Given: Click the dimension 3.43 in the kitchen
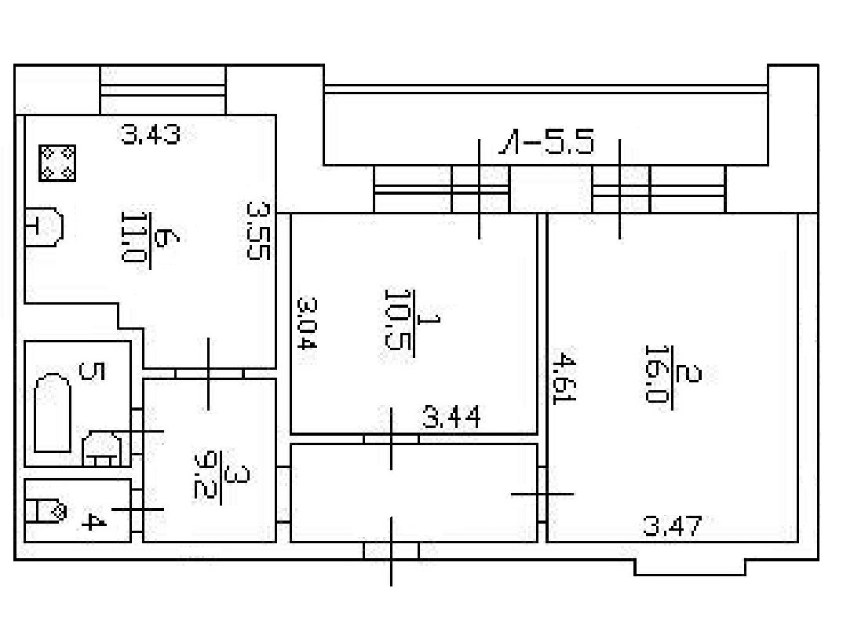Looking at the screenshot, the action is (151, 135).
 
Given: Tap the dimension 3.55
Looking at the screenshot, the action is (258, 231).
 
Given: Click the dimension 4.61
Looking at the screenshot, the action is (562, 378).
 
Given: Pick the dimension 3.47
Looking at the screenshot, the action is (671, 525).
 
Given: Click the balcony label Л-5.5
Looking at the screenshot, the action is (547, 144).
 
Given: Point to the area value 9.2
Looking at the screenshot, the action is (205, 475).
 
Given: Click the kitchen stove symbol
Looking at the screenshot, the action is (57, 163).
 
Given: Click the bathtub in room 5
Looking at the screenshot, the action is (53, 412).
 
